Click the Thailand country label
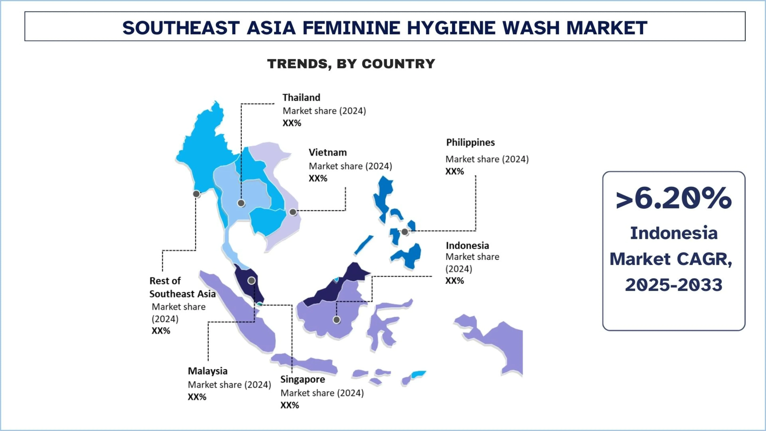301,98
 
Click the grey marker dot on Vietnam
293,212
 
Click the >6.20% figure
674,198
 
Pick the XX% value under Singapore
290,405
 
